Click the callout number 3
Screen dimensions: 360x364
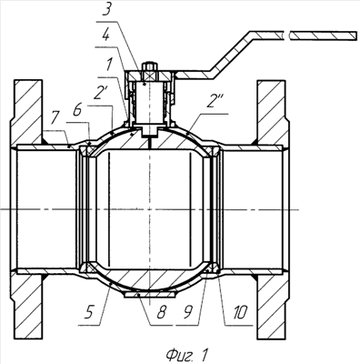(108, 12)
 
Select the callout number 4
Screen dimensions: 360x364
(105, 36)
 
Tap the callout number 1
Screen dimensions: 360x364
(109, 65)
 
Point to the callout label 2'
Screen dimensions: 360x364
(98, 95)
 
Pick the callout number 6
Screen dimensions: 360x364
(77, 110)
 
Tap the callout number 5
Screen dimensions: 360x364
(88, 312)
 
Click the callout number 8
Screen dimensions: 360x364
(161, 312)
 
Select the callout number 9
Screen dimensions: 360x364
(189, 312)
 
